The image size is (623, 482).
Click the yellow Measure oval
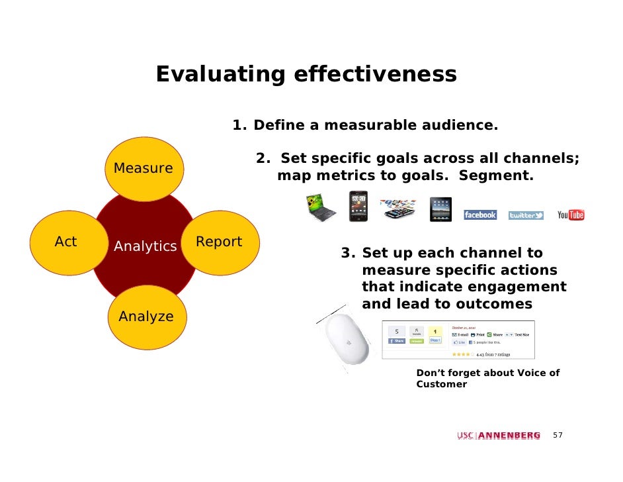coord(144,168)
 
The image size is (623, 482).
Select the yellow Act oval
coord(66,242)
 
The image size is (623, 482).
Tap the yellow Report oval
coord(219,242)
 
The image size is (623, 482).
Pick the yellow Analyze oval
coord(146,316)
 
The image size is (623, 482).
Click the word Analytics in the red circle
coord(145,247)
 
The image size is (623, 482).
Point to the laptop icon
coord(320,208)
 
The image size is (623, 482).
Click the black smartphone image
coord(358,206)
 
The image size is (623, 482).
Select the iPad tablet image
coord(440,209)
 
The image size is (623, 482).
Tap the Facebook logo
coord(479,215)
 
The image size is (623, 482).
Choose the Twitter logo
coord(526,216)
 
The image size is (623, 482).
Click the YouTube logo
coord(571,215)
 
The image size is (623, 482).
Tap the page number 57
coord(558,435)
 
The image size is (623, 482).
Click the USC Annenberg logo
coord(498,435)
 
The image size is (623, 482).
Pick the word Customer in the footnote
coord(441,384)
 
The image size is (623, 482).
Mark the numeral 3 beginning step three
coord(346,253)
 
